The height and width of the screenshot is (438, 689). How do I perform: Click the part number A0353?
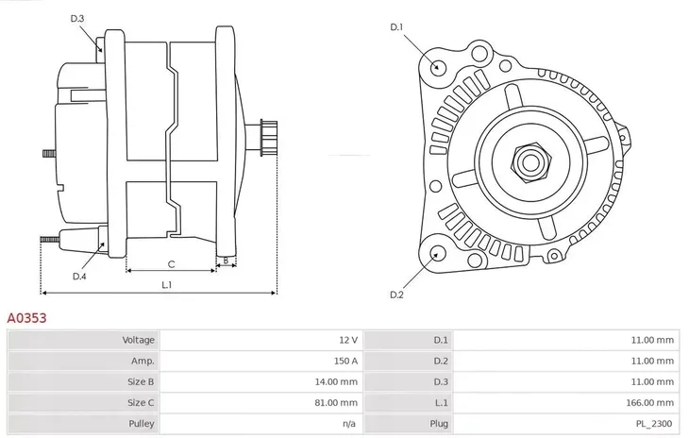(26, 319)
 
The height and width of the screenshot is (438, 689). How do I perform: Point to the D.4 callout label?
(79, 276)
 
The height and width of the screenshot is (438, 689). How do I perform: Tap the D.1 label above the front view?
(397, 27)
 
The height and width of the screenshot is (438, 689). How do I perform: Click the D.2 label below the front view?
(397, 295)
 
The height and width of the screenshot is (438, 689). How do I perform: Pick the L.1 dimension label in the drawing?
(166, 284)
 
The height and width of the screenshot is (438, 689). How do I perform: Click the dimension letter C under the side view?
(171, 263)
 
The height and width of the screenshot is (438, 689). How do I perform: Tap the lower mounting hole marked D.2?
(436, 253)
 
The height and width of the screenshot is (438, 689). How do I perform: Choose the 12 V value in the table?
(348, 340)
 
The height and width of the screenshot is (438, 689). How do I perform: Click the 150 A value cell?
(346, 361)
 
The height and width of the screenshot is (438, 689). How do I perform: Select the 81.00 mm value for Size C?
(338, 403)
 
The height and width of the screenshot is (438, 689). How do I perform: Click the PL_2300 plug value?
(654, 424)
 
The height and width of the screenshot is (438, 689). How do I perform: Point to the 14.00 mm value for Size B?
(338, 382)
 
